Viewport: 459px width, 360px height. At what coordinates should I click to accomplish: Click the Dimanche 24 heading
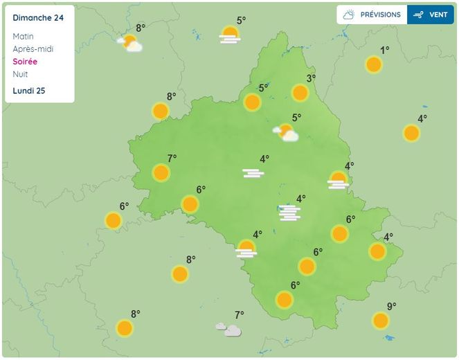(38, 18)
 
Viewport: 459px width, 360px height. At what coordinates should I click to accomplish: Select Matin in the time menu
(23, 36)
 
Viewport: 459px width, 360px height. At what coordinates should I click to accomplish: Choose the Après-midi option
(33, 49)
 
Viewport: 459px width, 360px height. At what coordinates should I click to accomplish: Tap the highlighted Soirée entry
(25, 62)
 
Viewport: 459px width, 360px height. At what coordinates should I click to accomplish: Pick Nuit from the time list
(21, 74)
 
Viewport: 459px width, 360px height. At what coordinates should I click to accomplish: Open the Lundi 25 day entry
(29, 91)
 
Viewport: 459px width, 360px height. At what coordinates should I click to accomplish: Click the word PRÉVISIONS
(380, 15)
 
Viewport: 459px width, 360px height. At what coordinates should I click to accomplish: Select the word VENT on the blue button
(438, 15)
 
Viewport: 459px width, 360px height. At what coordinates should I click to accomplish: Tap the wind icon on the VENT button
(418, 15)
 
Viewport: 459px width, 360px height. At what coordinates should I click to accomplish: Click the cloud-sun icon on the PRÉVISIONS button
(348, 15)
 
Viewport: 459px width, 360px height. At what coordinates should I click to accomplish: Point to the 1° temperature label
(385, 50)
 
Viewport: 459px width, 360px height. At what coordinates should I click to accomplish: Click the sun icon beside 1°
(374, 65)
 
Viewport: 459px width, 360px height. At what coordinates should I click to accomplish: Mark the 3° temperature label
(311, 78)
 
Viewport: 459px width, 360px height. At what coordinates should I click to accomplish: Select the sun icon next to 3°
(300, 93)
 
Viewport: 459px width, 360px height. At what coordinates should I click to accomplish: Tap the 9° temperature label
(391, 307)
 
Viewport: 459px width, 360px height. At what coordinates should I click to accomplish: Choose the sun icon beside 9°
(380, 321)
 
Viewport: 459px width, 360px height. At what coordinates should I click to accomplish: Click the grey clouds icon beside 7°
(228, 330)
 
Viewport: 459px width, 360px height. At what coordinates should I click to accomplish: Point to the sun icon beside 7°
(161, 172)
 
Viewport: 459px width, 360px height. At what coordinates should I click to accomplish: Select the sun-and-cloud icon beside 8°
(129, 44)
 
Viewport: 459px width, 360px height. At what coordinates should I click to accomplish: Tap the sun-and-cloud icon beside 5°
(285, 132)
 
